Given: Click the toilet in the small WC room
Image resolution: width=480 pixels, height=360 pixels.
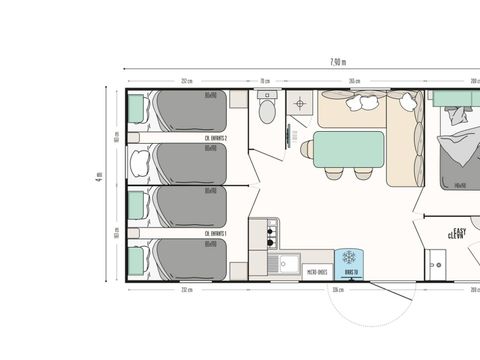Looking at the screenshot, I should pyautogui.click(x=266, y=107).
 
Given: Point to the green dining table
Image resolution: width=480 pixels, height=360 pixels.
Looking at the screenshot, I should pyautogui.click(x=349, y=148).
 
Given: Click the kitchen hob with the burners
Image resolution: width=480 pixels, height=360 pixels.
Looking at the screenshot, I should pyautogui.click(x=268, y=235).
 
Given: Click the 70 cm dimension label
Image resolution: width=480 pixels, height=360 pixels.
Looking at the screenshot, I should pyautogui.click(x=266, y=81).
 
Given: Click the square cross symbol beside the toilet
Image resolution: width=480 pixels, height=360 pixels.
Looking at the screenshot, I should pyautogui.click(x=299, y=101).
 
